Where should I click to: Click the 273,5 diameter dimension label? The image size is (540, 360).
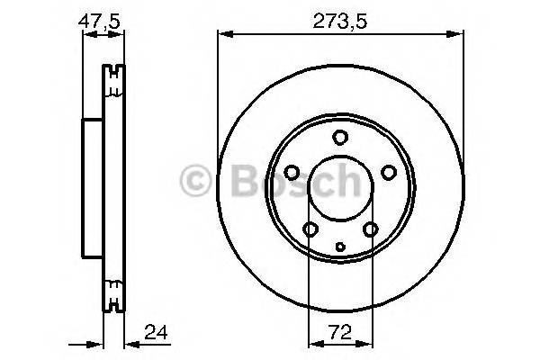tap(339, 19)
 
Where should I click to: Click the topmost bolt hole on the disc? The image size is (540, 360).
tap(339, 138)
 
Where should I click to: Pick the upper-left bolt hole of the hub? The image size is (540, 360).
tap(292, 173)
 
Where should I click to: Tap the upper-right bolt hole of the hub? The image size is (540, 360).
tap(388, 173)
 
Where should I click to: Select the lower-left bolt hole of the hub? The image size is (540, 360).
tap(310, 229)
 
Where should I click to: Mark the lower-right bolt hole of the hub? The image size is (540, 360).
tap(370, 229)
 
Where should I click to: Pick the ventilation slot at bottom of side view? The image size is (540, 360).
tap(112, 290)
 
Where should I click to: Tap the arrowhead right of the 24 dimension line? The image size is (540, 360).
tap(128, 342)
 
